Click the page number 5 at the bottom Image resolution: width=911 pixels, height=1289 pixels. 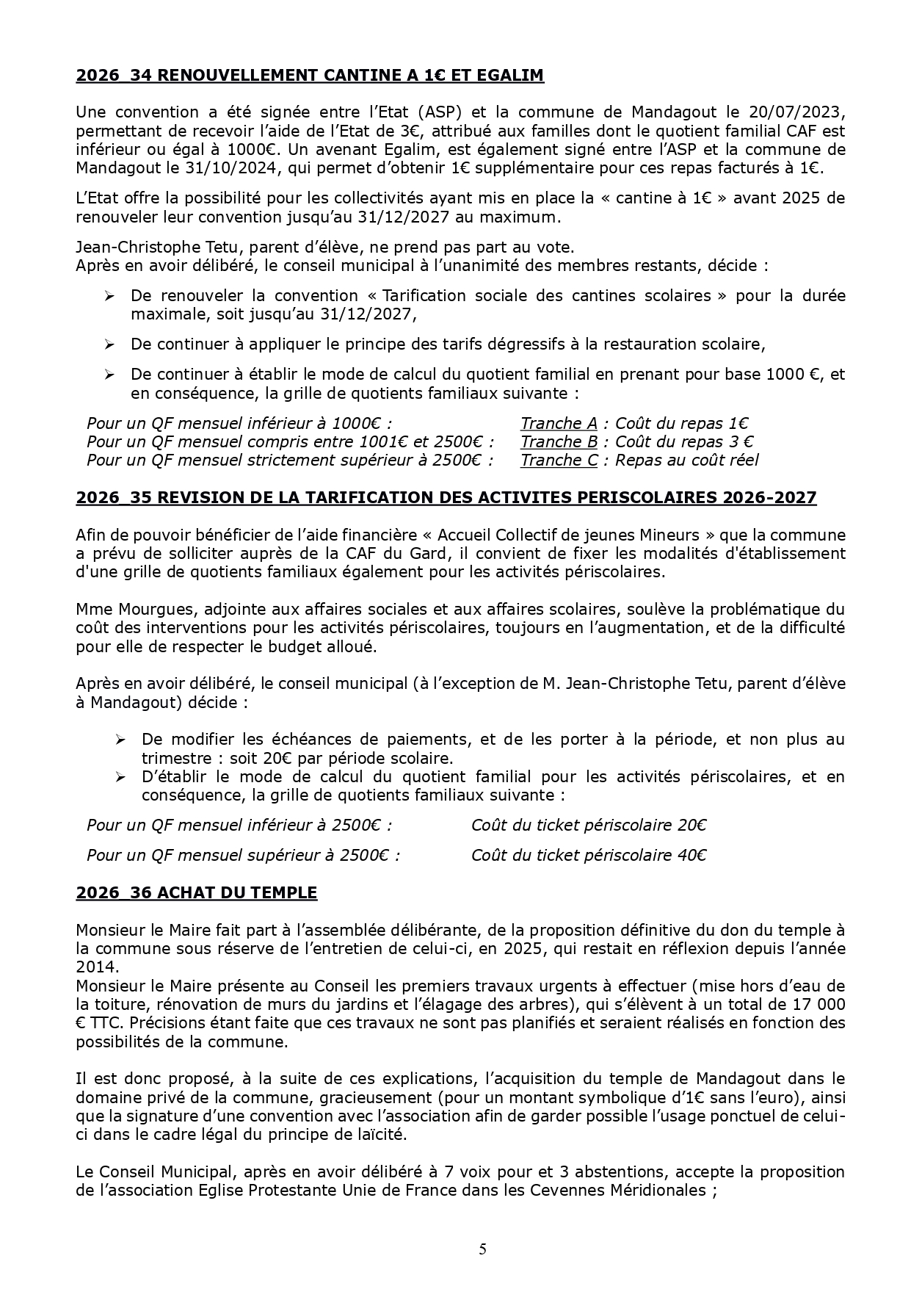tap(482, 1249)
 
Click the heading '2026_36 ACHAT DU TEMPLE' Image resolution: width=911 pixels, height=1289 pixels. tap(196, 892)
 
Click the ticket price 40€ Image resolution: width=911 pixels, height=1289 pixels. tap(692, 855)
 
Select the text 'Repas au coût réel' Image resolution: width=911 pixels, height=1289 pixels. tap(687, 460)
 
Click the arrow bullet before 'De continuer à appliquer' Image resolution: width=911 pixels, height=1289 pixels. tap(109, 344)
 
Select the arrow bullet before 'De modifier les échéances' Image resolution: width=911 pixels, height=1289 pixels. tap(120, 739)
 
